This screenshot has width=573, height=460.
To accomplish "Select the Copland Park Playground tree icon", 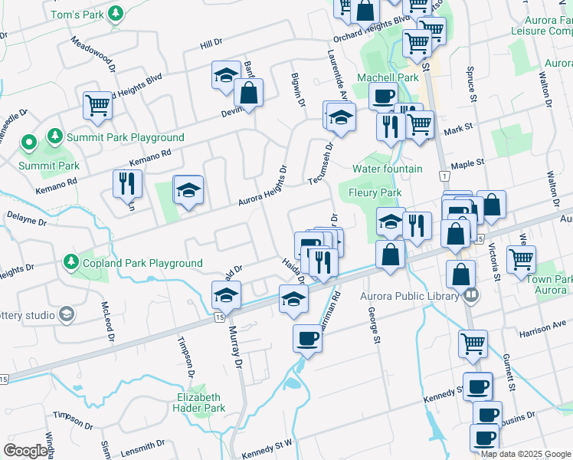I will tap(70, 262).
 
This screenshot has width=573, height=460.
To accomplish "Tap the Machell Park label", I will tap(393, 77).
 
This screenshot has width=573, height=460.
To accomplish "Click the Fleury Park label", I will tap(375, 192).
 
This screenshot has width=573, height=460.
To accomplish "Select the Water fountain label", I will tap(387, 169).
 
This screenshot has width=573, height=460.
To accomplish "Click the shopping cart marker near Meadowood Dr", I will tap(98, 106).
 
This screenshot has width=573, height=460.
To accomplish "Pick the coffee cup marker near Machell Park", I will tap(383, 97).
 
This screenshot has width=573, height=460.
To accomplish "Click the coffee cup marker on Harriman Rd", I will tap(308, 337).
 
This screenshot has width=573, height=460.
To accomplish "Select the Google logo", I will tap(26, 451).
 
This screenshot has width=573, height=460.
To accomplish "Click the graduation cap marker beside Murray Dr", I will tap(227, 294).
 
